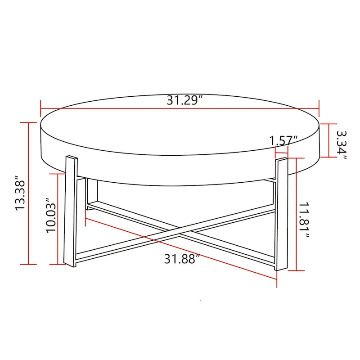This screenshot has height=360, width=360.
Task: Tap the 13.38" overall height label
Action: (x=20, y=193)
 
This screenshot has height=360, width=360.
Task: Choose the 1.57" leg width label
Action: (x=284, y=140)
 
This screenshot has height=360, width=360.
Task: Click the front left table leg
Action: (x=71, y=211)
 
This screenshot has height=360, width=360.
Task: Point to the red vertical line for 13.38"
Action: (x=29, y=193)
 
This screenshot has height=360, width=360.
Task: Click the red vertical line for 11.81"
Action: (x=296, y=214)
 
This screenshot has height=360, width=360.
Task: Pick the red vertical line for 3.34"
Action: (x=329, y=139)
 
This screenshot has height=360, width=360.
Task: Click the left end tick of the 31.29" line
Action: (x=40, y=108)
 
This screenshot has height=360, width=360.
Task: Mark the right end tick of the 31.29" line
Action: (x=319, y=108)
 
